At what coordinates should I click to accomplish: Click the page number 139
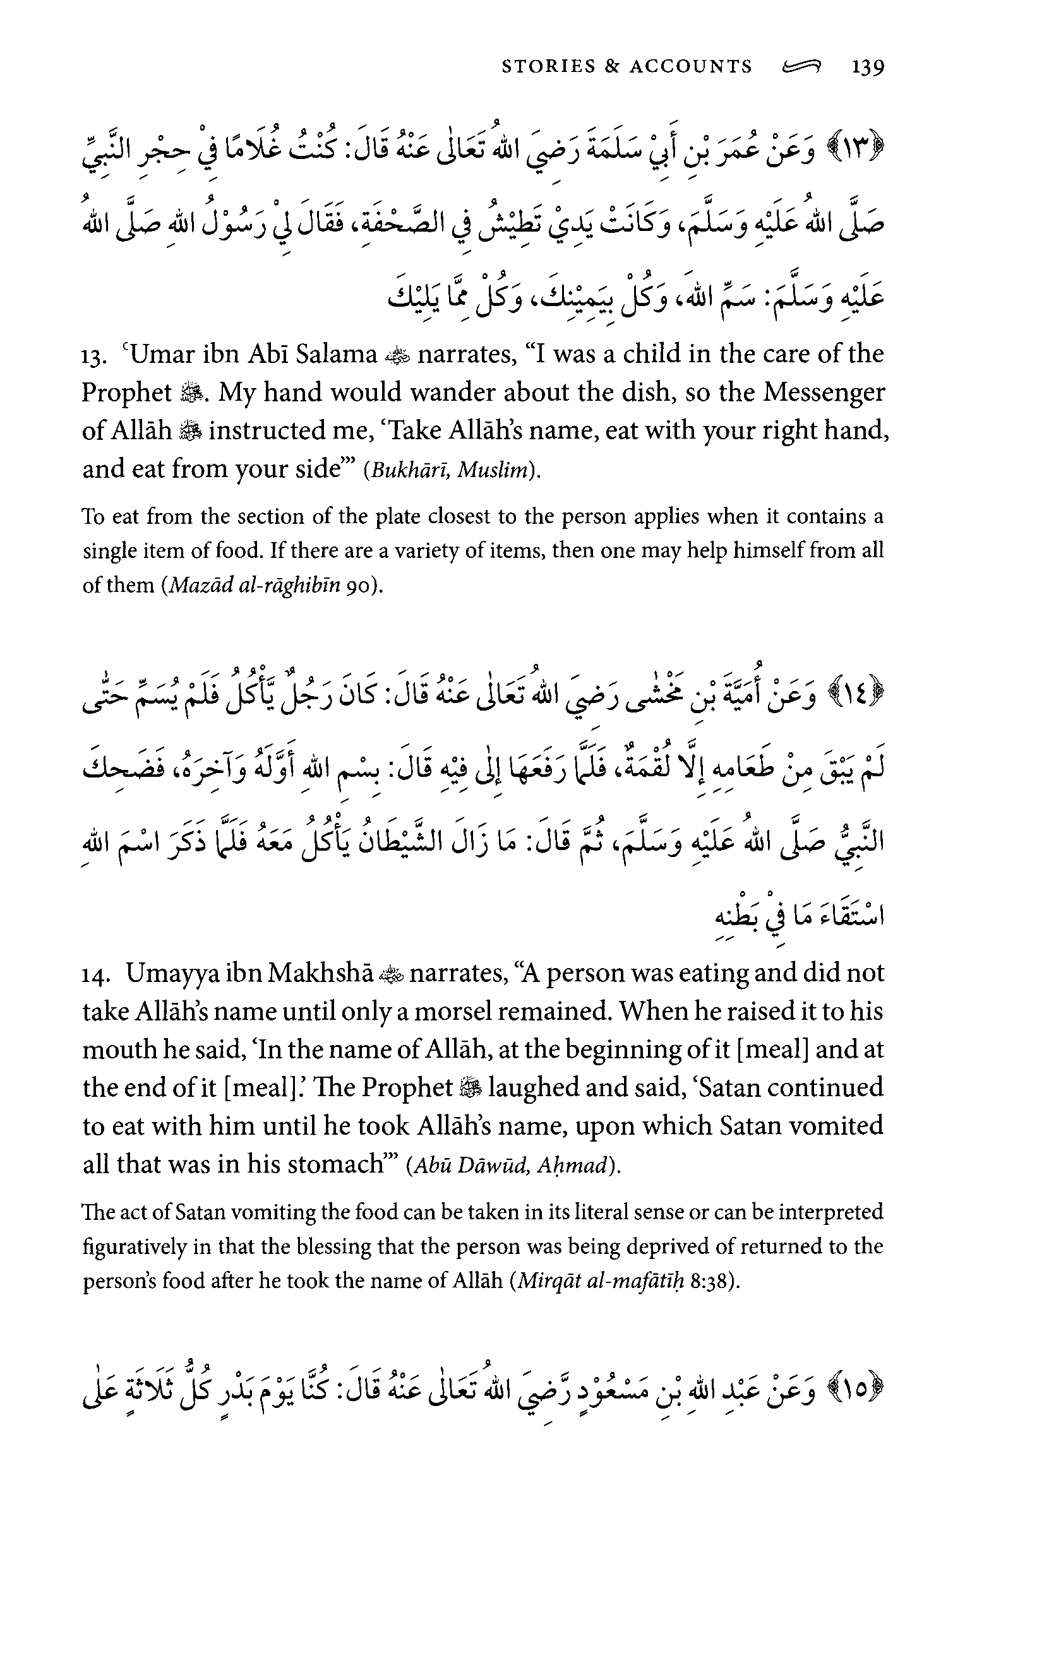[868, 67]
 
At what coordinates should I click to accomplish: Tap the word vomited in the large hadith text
[836, 1126]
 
